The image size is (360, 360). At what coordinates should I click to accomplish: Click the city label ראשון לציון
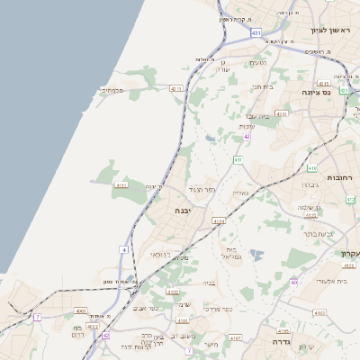click(x=328, y=30)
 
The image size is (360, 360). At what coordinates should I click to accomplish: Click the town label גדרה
click(x=273, y=344)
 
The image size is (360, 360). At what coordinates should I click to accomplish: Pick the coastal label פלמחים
click(x=112, y=90)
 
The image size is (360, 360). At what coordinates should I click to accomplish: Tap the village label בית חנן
click(x=261, y=86)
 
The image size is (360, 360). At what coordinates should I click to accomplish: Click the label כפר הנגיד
click(x=202, y=190)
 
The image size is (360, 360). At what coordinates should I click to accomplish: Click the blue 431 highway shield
click(x=256, y=32)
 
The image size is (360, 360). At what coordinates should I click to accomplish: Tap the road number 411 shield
click(x=238, y=160)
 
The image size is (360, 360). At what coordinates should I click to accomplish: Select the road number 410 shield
click(x=312, y=168)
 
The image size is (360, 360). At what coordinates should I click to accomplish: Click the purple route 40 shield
click(x=293, y=283)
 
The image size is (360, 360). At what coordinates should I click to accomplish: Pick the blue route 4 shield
click(x=124, y=248)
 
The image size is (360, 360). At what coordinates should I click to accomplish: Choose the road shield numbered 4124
click(x=218, y=220)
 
